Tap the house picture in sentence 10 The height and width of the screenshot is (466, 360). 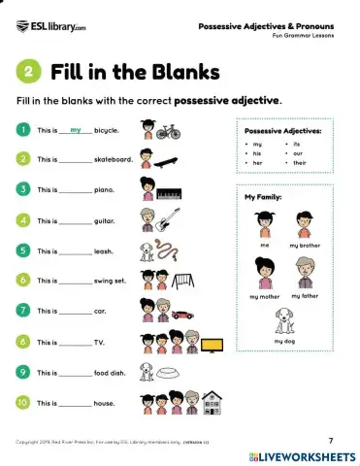pos(212,402)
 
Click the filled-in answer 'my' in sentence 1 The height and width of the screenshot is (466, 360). pos(76,128)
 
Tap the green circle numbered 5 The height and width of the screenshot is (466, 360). pos(22,250)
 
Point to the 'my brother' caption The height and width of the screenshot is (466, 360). pos(305,247)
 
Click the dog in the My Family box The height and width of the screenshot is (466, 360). pos(283,320)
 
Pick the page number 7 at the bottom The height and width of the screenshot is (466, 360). pos(330,440)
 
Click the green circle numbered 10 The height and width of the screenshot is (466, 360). pos(22,402)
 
